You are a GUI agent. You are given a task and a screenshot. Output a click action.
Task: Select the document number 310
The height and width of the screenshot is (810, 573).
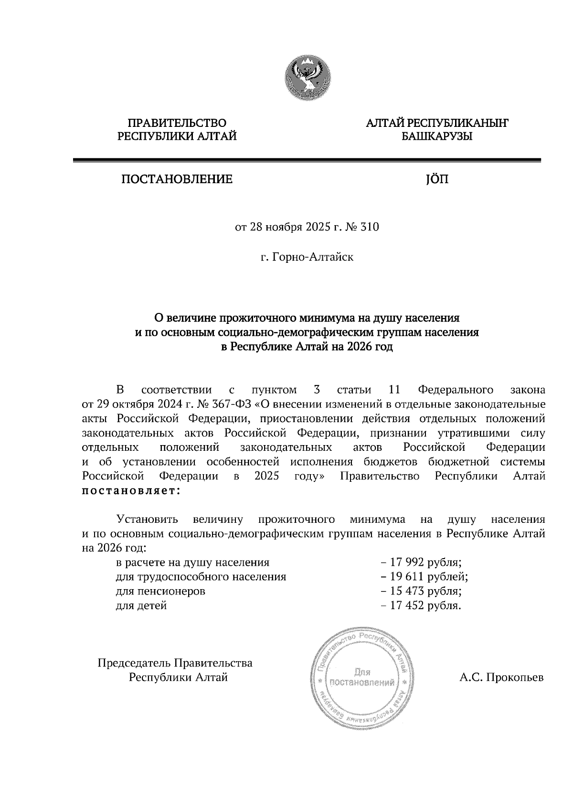click(370, 227)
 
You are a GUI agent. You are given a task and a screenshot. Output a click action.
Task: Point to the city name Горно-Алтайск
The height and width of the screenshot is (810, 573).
click(313, 258)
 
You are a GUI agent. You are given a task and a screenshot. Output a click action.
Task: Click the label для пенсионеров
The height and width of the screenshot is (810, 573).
click(160, 592)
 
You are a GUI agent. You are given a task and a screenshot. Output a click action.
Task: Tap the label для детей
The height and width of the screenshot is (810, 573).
click(141, 606)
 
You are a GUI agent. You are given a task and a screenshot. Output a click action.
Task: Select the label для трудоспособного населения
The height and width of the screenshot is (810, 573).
click(201, 577)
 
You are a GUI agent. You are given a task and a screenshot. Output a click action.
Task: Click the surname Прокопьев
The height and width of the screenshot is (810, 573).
click(515, 677)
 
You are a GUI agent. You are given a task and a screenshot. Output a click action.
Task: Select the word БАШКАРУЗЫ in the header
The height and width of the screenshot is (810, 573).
click(437, 137)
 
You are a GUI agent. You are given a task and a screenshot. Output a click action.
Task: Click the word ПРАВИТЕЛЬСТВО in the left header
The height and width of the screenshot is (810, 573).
click(177, 124)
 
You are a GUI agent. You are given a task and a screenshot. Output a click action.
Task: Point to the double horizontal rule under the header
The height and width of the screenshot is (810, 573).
click(307, 161)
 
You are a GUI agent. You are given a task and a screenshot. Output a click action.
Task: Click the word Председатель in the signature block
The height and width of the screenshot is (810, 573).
click(134, 663)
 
